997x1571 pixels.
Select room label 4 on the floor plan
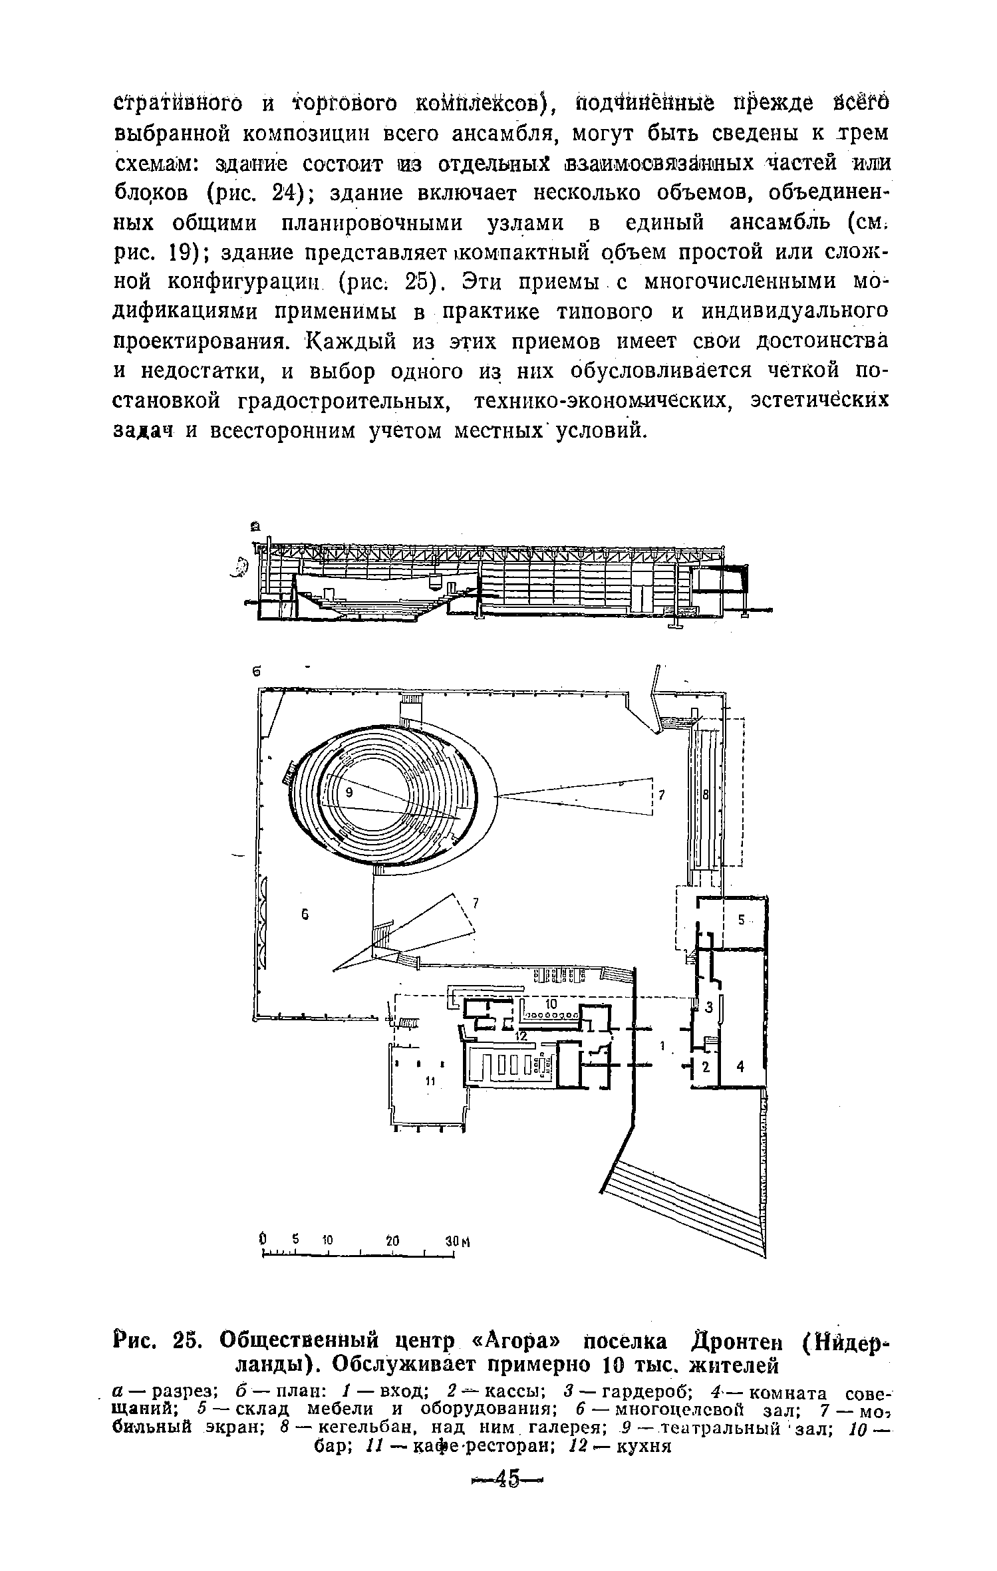click(x=742, y=1067)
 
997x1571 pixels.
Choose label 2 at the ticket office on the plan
click(x=707, y=1066)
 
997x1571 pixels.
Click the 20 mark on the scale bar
click(x=393, y=1240)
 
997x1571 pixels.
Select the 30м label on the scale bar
click(x=457, y=1241)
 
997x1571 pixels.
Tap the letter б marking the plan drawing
click(x=255, y=672)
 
